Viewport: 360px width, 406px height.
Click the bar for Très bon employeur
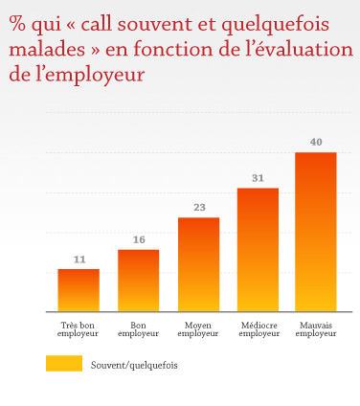click(78, 290)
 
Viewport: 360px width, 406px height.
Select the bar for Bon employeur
click(138, 281)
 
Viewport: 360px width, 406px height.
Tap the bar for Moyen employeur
click(198, 264)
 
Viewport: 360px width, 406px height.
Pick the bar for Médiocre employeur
click(258, 249)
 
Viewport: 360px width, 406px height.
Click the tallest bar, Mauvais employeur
click(315, 232)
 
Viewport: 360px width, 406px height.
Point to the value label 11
click(79, 259)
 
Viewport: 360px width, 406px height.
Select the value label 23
click(198, 208)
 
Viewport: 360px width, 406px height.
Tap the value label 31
click(258, 178)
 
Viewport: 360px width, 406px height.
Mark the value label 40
click(316, 142)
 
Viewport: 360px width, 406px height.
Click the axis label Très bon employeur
click(78, 329)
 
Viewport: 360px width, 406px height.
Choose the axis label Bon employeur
click(138, 329)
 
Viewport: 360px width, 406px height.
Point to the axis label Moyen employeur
click(198, 329)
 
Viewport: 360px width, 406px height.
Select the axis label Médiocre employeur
click(258, 329)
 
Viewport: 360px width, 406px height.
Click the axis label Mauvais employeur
click(316, 329)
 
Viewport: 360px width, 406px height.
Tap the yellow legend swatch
click(63, 364)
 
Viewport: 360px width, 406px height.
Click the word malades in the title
click(45, 51)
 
